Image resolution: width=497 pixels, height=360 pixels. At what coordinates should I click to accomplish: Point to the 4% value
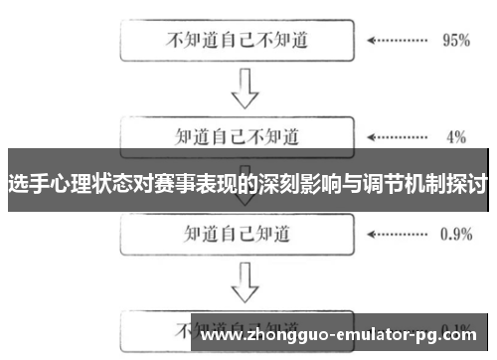tap(456, 136)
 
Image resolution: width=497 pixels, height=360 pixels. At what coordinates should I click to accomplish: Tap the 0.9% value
tap(455, 234)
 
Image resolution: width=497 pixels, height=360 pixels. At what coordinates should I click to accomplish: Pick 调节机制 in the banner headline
tap(401, 184)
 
